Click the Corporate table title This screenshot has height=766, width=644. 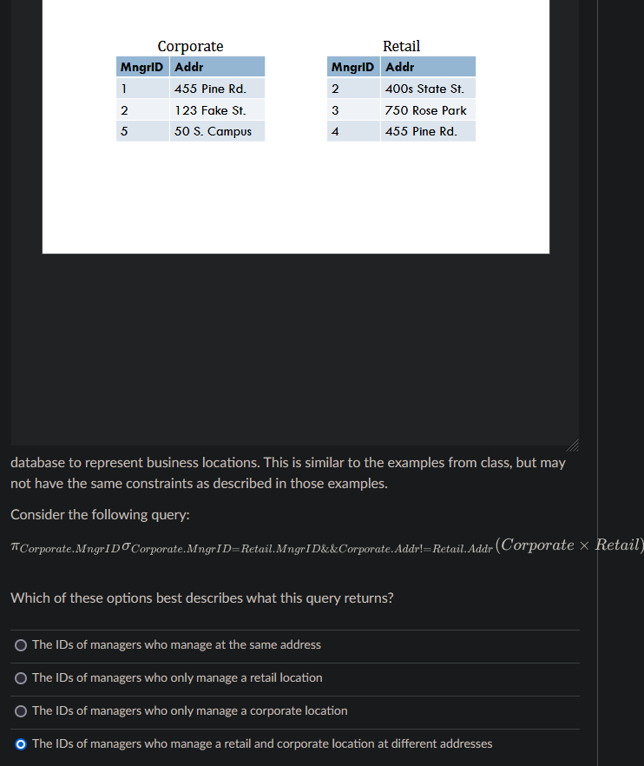pos(190,46)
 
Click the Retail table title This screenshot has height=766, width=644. pos(401,46)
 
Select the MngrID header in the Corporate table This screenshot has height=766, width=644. pos(142,67)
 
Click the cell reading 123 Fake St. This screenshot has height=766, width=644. pos(210,110)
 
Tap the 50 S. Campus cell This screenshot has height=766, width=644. pos(213,131)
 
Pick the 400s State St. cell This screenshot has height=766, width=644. pos(424,89)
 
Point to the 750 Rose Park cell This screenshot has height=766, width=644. pos(426,110)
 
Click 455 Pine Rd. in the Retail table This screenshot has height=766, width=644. pos(421,131)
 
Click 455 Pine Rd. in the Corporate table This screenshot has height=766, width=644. pos(210,89)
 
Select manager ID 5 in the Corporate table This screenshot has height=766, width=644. pos(124,131)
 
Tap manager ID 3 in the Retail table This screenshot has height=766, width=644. pos(335,110)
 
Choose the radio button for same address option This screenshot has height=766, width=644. pos(21,645)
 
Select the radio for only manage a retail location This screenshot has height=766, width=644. pos(21,678)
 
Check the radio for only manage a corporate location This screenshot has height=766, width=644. pos(21,711)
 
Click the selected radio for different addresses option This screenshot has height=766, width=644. pos(21,744)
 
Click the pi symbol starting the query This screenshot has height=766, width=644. pos(15,546)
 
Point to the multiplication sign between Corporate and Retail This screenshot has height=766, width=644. pos(584,545)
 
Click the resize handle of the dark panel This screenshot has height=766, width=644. pos(573,445)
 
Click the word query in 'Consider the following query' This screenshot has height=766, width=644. pos(168,515)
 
